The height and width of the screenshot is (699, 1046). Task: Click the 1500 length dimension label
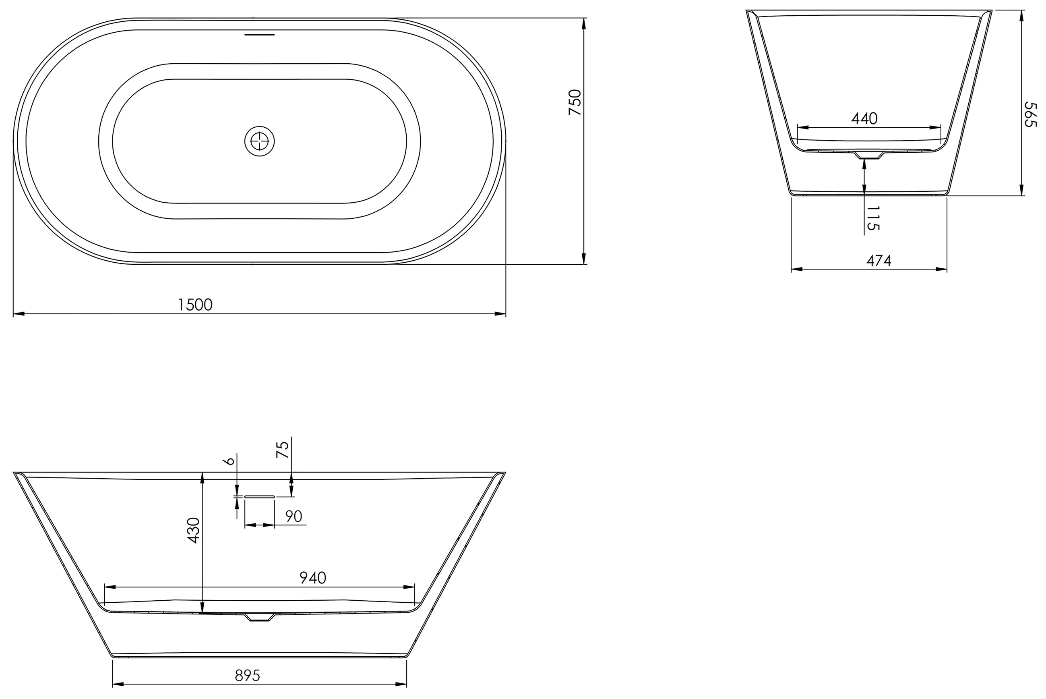(x=195, y=305)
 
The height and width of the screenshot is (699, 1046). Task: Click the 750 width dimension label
(x=575, y=102)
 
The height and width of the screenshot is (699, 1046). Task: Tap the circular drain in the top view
(x=259, y=141)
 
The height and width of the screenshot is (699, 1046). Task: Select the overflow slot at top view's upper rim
(x=260, y=34)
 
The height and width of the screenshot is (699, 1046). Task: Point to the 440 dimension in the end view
(x=864, y=118)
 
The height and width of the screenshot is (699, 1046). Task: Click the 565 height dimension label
(x=1030, y=114)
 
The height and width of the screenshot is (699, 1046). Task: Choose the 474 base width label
(x=879, y=261)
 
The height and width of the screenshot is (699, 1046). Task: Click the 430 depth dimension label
(x=193, y=530)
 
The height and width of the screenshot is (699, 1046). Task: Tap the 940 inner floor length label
(x=313, y=578)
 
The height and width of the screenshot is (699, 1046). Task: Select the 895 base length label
(x=247, y=676)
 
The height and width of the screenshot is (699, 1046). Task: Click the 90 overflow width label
(x=294, y=516)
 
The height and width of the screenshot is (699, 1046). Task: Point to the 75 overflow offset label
(x=283, y=449)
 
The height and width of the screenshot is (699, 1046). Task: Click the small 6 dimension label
(x=230, y=460)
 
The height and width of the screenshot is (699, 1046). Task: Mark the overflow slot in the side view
(x=259, y=496)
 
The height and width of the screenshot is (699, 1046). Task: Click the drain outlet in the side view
(x=259, y=618)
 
